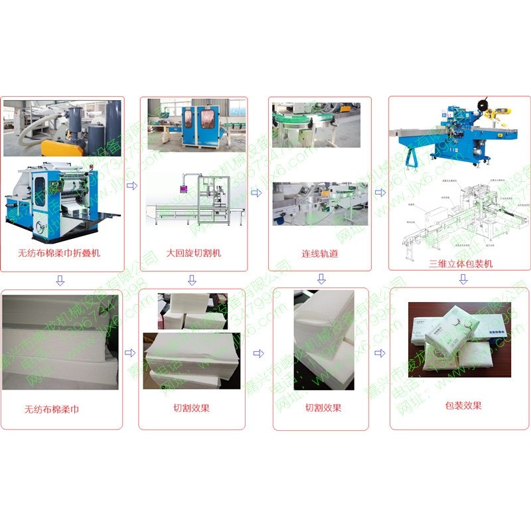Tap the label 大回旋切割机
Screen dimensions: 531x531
(x=194, y=253)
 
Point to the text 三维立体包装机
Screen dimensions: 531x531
(x=460, y=264)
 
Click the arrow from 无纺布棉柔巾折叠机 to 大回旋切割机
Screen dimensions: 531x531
(x=131, y=186)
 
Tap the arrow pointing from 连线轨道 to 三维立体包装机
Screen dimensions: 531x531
(x=380, y=192)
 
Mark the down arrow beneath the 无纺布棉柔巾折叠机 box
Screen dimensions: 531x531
(x=60, y=280)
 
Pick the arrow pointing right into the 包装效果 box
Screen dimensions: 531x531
(x=380, y=353)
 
